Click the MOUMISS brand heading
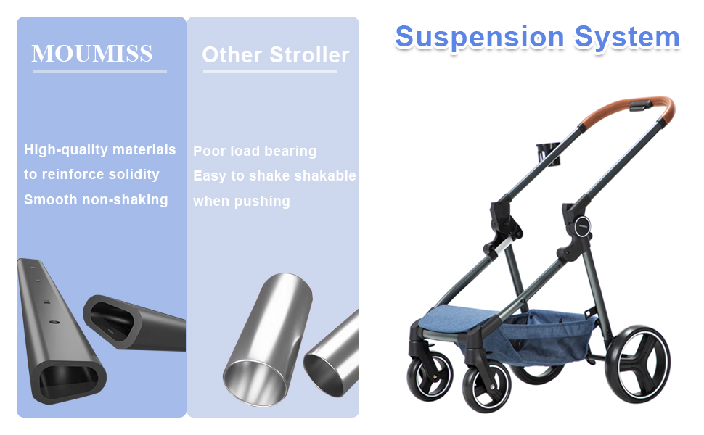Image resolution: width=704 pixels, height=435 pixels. point(92,54)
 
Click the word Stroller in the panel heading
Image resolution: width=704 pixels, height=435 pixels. point(309,55)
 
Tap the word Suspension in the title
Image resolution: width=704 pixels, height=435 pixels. point(480,38)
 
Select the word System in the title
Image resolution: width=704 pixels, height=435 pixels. point(627,37)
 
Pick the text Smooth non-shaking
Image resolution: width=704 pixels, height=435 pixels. point(96,199)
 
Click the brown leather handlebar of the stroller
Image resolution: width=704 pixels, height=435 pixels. point(633,109)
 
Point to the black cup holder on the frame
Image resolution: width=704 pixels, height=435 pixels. point(548,154)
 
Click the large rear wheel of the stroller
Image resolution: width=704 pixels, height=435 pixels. point(637,364)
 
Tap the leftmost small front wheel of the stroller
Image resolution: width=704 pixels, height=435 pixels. point(430,376)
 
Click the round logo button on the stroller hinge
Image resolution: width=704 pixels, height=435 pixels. point(582,225)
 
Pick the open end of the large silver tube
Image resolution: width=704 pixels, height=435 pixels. point(255,383)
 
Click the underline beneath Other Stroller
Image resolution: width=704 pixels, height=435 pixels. point(270,71)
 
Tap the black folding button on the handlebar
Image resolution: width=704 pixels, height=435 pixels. point(640,105)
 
